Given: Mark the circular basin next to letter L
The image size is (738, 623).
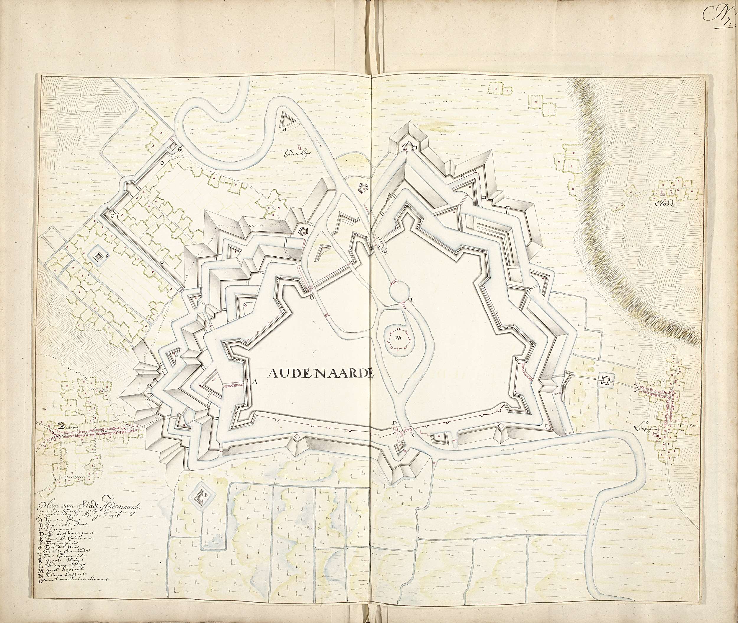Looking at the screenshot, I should (x=399, y=292).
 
